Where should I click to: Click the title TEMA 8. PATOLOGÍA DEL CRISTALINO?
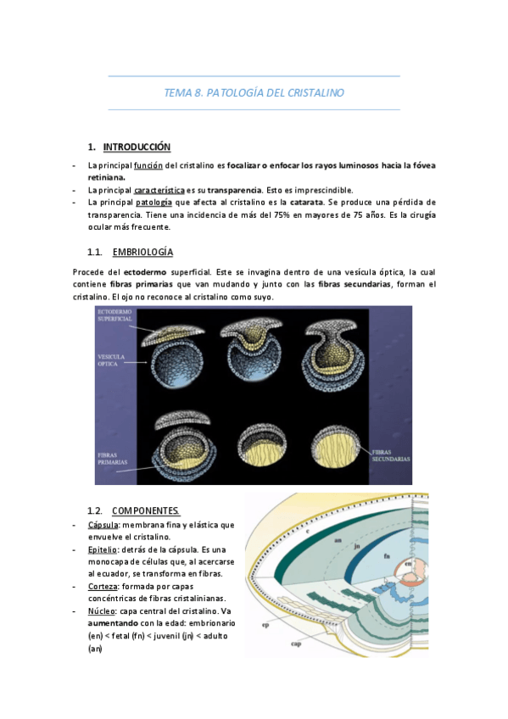coord(254,92)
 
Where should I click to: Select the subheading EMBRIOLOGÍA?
coord(142,253)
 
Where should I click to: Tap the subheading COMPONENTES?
coord(146,510)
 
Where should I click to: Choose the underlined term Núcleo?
coord(102,611)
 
